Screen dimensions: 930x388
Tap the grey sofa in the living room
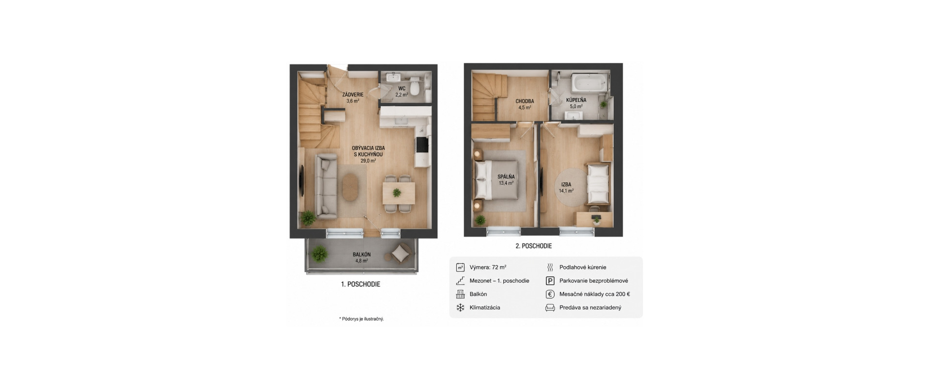coord(326,185)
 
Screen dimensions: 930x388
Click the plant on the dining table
coord(397,193)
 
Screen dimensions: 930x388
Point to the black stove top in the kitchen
coord(421,145)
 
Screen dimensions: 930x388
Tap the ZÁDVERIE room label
coord(353,95)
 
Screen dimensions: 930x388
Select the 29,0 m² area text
coord(368,161)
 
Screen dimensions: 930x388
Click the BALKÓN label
coord(361,254)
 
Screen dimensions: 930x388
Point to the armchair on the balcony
coord(401,253)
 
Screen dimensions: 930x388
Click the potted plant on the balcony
coord(319,253)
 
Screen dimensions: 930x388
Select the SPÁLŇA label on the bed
coord(506,177)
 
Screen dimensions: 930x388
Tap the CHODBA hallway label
coord(525,101)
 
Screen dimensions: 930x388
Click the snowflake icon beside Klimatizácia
coord(460,307)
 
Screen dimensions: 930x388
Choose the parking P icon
coord(550,281)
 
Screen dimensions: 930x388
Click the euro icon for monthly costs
coord(550,294)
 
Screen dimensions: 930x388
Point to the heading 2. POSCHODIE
coord(533,246)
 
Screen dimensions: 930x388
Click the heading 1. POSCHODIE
coord(360,284)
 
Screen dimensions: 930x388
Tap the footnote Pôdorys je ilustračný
coord(362,319)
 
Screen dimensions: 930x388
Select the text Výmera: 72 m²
coord(488,267)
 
